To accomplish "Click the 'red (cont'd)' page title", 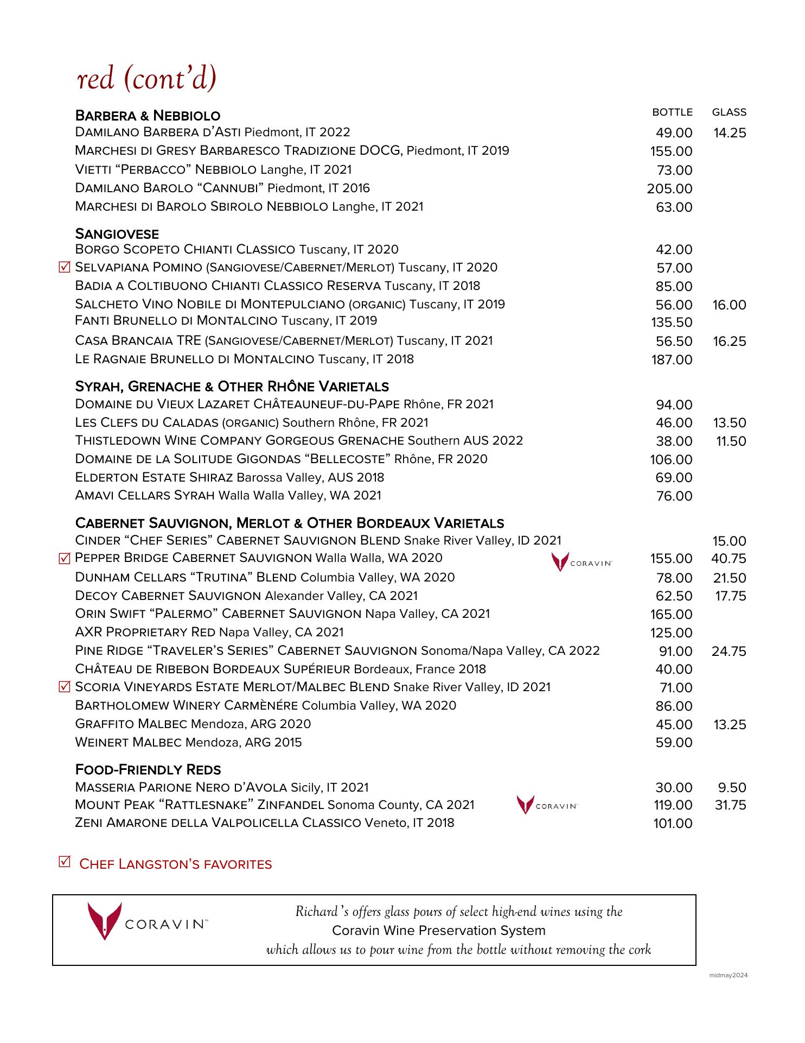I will tap(147, 79).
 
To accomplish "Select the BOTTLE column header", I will tap(672, 112).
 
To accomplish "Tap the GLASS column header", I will tap(729, 112).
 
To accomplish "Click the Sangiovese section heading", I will tap(117, 234).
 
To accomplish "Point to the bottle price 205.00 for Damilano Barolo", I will tap(669, 188).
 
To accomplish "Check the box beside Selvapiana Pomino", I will tap(65, 267).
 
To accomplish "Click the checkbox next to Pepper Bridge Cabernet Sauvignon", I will tap(65, 558).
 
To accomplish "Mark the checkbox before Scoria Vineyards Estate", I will tap(65, 687).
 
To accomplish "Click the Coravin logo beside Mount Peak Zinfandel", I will tap(547, 805).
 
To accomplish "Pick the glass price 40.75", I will tap(729, 558).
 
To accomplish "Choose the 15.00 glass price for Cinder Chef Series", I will tap(729, 541).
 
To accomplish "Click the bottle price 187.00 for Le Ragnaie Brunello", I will tap(672, 359).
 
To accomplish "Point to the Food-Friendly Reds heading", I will tap(148, 769).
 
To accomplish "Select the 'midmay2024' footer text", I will tap(729, 975).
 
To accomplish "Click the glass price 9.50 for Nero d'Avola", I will tap(731, 787).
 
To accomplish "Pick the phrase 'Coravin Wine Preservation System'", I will tap(438, 931).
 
